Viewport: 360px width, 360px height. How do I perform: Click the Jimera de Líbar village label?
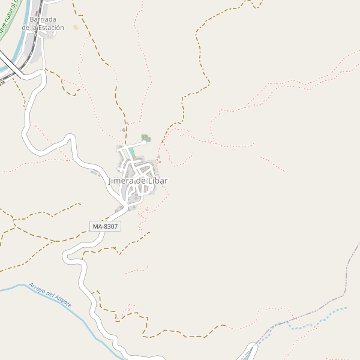138,181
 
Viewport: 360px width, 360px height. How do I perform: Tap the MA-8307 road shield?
105,226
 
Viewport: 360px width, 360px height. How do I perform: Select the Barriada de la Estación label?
43,23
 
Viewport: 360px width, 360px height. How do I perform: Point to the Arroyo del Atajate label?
50,295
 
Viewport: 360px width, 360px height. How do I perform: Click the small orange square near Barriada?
76,27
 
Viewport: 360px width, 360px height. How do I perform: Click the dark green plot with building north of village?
145,138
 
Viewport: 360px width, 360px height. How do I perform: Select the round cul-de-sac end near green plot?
144,143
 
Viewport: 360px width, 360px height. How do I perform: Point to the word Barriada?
43,19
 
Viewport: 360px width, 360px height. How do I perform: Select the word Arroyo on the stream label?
37,289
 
